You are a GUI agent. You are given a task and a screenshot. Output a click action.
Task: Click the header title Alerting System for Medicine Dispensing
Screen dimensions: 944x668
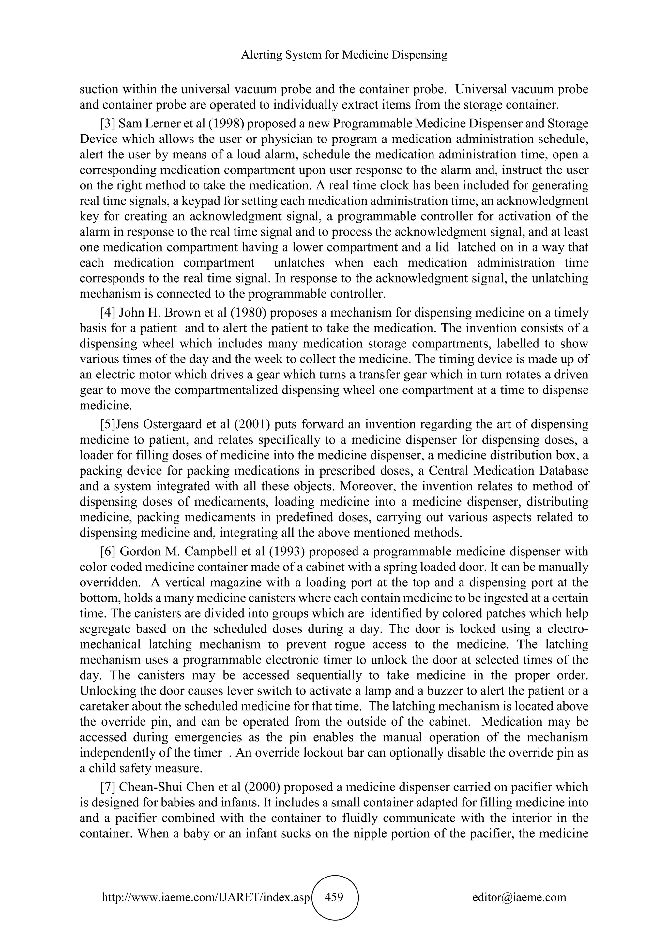tap(344, 55)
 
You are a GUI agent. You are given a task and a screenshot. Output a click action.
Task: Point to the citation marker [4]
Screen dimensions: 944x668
tap(108, 313)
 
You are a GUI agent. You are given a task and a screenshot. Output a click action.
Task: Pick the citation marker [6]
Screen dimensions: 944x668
tap(108, 551)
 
